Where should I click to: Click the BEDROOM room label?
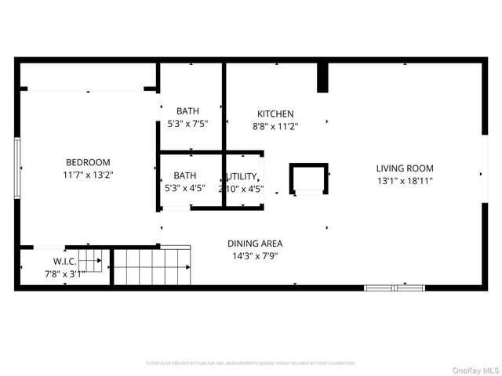point(88,162)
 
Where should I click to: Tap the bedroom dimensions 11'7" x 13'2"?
point(88,175)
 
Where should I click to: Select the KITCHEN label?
point(275,114)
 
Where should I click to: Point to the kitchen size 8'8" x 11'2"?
point(275,125)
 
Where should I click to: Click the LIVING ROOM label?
point(404,168)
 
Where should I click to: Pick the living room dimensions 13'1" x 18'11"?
point(404,181)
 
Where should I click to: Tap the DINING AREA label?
point(255,243)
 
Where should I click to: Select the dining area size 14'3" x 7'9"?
point(255,255)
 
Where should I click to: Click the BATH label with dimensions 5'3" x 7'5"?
point(187,111)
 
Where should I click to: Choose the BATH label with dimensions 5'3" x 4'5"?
point(185,175)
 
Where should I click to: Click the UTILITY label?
point(242,176)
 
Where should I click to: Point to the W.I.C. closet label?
point(64,261)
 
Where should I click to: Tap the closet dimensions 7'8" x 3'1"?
point(64,273)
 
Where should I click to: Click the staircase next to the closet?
point(151,266)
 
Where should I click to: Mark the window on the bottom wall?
point(394,287)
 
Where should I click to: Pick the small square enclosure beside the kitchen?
point(308,179)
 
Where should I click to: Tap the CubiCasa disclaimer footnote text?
point(251,363)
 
